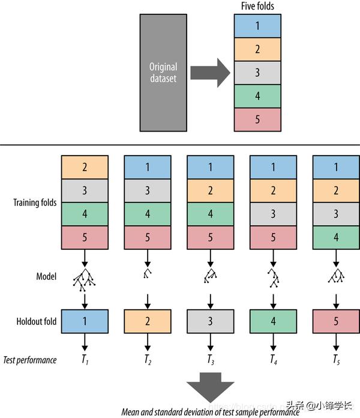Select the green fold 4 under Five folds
coord(257,95)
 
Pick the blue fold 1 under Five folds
coord(257,26)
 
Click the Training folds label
coord(35,202)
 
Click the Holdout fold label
coord(37,321)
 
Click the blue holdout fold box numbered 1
coord(85,321)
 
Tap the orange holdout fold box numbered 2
coord(147,321)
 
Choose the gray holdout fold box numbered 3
coord(210,321)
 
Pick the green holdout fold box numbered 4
coord(273,321)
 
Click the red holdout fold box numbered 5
coord(336,321)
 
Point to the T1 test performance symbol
coord(85,360)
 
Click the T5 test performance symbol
coord(336,360)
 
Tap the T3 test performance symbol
coord(210,360)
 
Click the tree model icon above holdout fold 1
coord(85,277)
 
